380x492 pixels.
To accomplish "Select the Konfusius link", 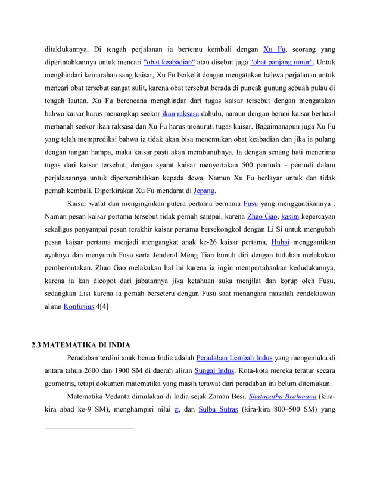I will [x=80, y=306].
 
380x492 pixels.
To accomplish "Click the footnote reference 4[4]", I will [x=102, y=306].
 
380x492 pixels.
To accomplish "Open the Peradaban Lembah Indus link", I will [x=234, y=358].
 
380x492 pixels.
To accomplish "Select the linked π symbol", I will [x=176, y=409].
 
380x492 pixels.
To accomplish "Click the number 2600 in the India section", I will [x=86, y=370].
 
